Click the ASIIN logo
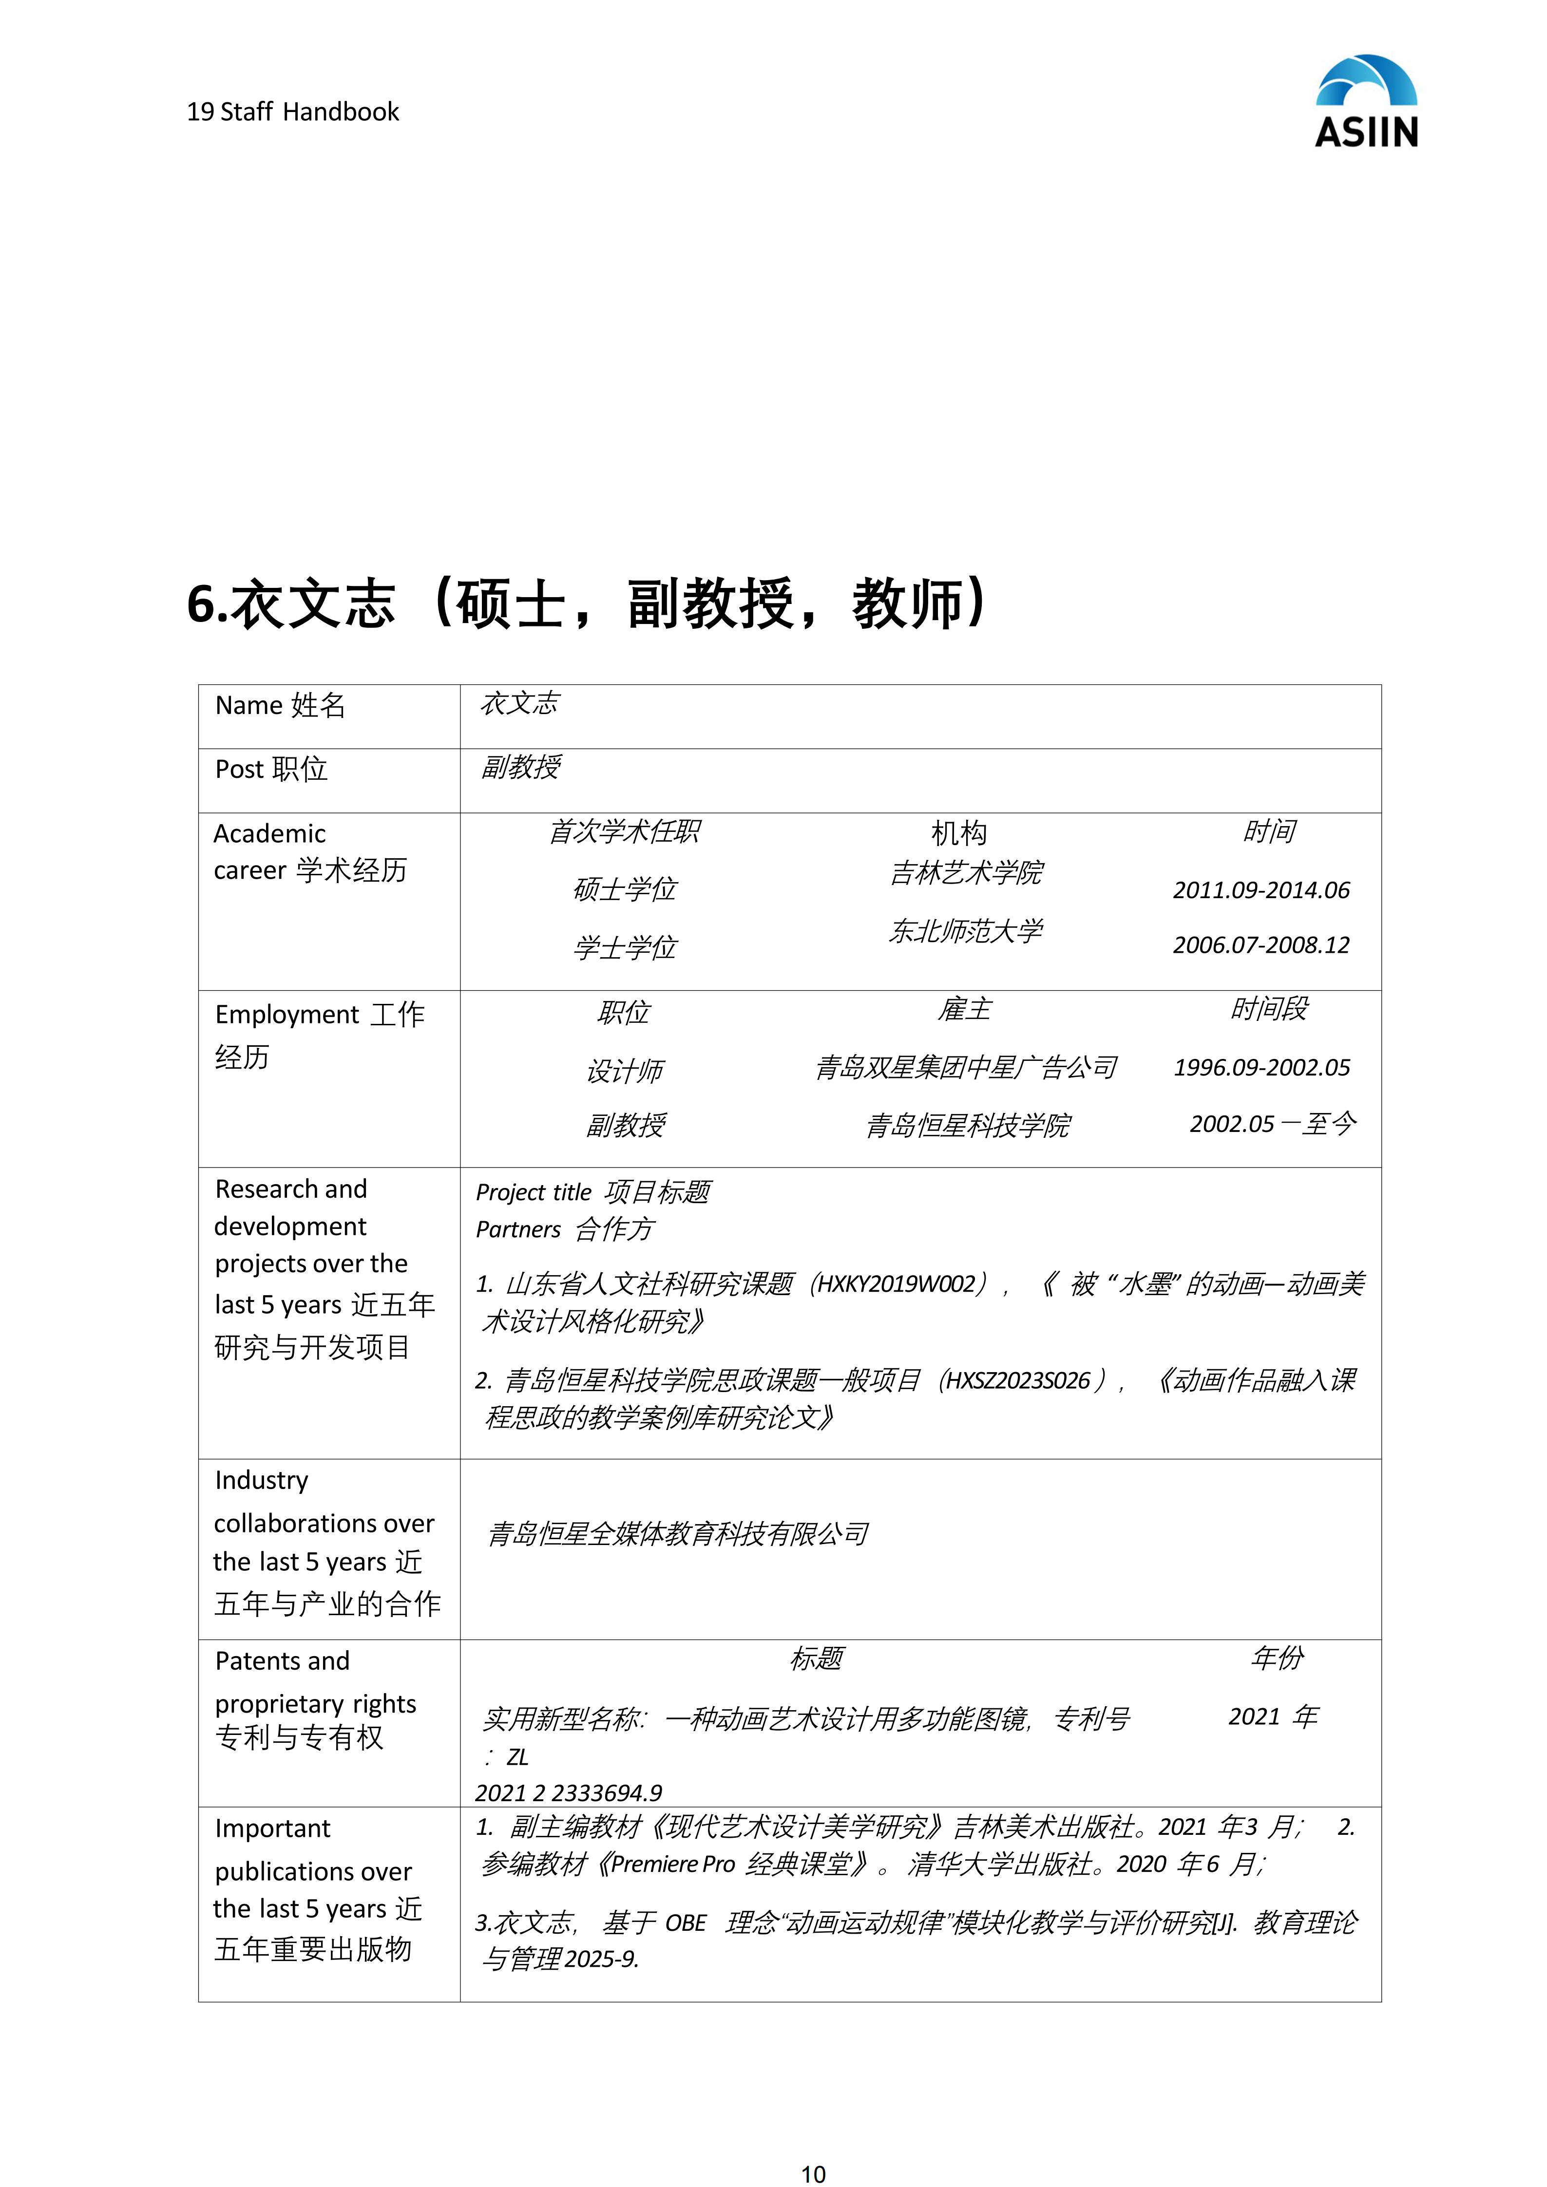click(x=1366, y=102)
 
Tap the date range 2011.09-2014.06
click(x=1261, y=890)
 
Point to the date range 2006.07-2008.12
click(x=1261, y=945)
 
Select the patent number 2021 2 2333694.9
click(x=569, y=1792)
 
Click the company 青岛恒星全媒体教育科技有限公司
click(x=677, y=1533)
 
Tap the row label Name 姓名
click(x=280, y=706)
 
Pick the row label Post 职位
click(x=271, y=770)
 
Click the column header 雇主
click(x=964, y=1010)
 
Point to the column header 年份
click(x=1277, y=1659)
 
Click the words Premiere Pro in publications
click(x=672, y=1864)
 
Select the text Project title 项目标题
click(x=592, y=1192)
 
